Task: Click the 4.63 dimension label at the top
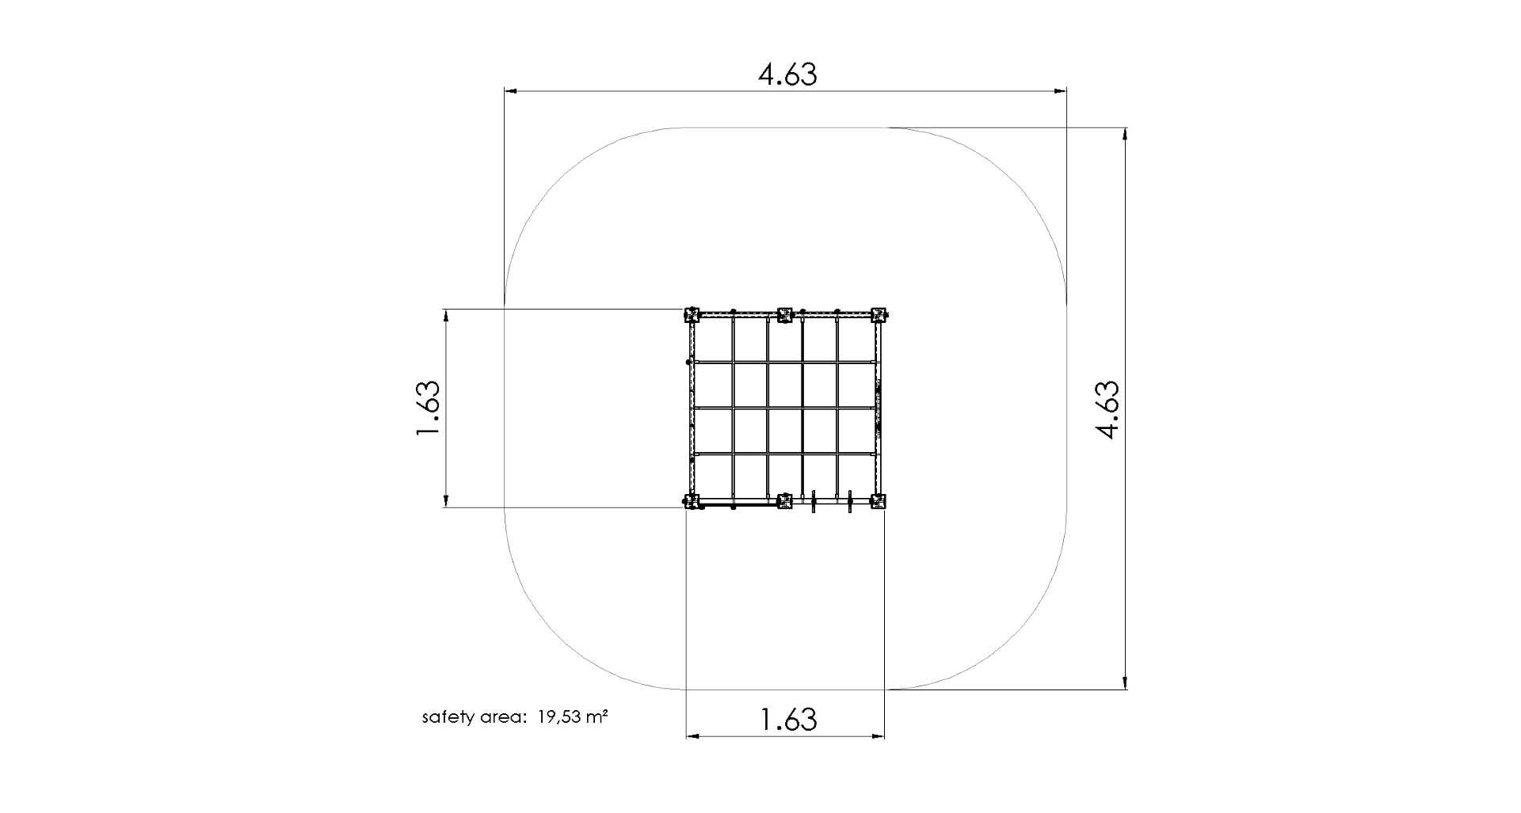click(787, 74)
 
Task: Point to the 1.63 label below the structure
click(787, 720)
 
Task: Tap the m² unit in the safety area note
click(597, 717)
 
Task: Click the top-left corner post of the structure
click(692, 315)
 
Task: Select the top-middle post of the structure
click(785, 315)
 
